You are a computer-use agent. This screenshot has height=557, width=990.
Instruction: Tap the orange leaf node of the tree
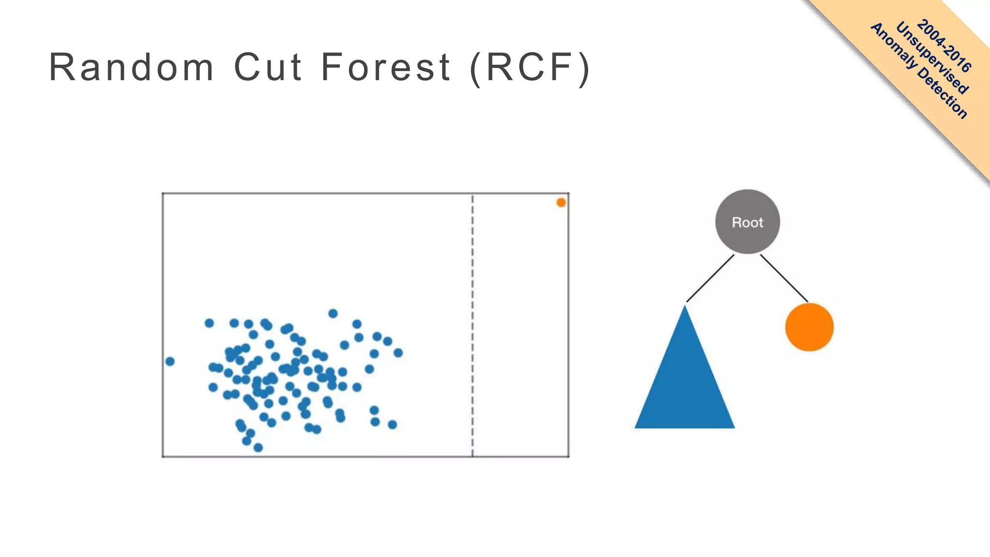pyautogui.click(x=809, y=327)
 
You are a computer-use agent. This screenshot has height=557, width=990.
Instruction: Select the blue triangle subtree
pyautogui.click(x=684, y=382)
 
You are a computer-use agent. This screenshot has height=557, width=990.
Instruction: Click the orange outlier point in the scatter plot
pyautogui.click(x=561, y=203)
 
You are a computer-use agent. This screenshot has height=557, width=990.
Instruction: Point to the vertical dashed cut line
pyautogui.click(x=472, y=324)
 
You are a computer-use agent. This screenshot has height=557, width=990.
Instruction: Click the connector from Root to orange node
pyautogui.click(x=784, y=278)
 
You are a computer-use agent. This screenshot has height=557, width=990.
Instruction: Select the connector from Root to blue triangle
pyautogui.click(x=710, y=278)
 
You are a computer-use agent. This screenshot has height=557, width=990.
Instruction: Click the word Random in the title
pyautogui.click(x=131, y=67)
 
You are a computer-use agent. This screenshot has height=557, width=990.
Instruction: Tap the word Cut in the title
pyautogui.click(x=268, y=67)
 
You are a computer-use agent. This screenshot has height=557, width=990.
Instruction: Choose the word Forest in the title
pyautogui.click(x=386, y=67)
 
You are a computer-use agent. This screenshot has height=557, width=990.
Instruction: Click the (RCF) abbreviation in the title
pyautogui.click(x=530, y=68)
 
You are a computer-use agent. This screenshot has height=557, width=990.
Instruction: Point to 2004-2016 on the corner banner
pyautogui.click(x=944, y=45)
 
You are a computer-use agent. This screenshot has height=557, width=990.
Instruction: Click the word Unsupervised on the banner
pyautogui.click(x=932, y=58)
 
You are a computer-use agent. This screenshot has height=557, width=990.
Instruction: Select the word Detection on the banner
pyautogui.click(x=943, y=92)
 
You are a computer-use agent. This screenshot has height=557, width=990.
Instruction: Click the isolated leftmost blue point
pyautogui.click(x=170, y=361)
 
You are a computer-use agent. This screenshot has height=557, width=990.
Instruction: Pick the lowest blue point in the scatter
pyautogui.click(x=258, y=448)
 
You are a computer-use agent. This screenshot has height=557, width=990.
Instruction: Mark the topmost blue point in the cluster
pyautogui.click(x=333, y=313)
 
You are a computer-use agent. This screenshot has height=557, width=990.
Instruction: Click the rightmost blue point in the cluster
pyautogui.click(x=398, y=353)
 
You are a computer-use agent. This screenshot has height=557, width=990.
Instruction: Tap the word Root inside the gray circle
pyautogui.click(x=747, y=222)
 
